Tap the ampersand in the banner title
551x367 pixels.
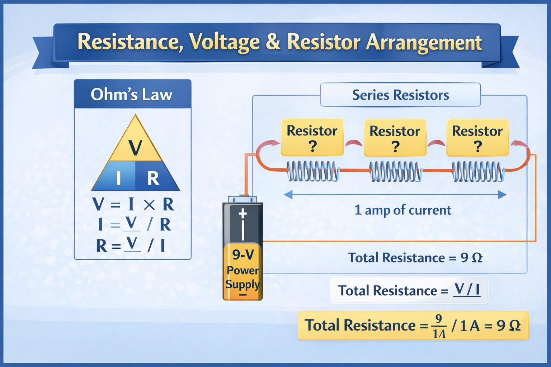coord(273,42)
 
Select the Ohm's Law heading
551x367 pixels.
coord(132,95)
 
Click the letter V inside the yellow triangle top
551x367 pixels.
coord(135,147)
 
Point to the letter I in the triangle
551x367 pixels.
coord(118,178)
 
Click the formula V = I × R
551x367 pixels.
coord(133,205)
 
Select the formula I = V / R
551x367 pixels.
coord(135,225)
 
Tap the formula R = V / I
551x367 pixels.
coord(131,246)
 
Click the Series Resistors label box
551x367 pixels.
coord(400,95)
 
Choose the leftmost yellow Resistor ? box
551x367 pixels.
coord(312,138)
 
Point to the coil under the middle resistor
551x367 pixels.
coord(395,171)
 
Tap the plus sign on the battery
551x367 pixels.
coord(243,214)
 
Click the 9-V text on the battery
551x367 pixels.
coord(243,255)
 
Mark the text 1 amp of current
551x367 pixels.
coord(402,210)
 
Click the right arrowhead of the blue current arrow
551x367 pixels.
coord(502,195)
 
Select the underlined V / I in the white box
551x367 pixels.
coord(467,290)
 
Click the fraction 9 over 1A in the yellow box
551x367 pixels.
coord(439,326)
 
